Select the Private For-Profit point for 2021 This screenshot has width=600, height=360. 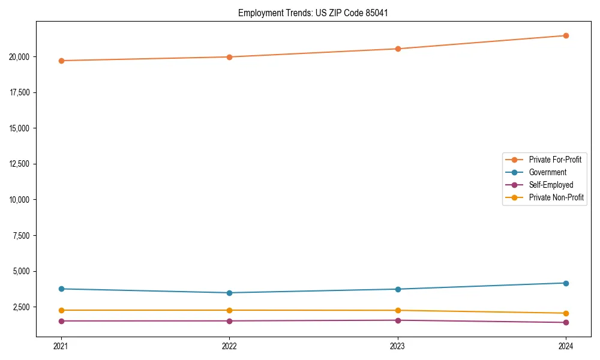point(61,61)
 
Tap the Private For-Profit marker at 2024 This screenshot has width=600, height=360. point(566,35)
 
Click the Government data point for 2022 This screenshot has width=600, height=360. point(229,293)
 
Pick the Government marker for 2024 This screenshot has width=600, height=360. point(566,283)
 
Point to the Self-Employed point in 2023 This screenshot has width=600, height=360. point(398,320)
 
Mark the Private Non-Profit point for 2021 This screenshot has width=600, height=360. point(61,310)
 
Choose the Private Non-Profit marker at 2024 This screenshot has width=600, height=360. point(566,313)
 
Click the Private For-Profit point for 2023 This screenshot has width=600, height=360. point(398,49)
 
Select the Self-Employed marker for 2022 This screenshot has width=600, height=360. point(229,321)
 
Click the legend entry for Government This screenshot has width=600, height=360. point(547,172)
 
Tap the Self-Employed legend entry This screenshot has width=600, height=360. point(551,185)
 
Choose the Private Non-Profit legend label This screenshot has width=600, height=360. point(556,197)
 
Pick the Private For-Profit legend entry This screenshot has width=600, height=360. point(555,160)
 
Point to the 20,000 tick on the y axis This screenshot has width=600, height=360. point(21,57)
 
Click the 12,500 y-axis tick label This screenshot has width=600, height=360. point(21,164)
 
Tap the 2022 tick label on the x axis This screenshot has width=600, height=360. point(229,346)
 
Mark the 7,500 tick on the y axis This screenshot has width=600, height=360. point(23,235)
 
